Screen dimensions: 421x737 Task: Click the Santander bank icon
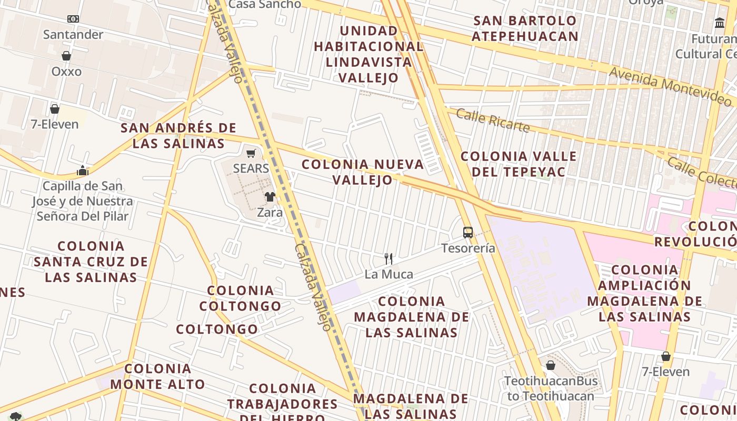(73, 19)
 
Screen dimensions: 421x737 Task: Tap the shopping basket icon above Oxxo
(66, 56)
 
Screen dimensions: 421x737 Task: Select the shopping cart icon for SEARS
(251, 153)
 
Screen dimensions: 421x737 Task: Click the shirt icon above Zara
(270, 197)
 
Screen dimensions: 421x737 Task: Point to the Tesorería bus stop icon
(467, 232)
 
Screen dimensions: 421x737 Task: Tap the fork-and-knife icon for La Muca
(389, 258)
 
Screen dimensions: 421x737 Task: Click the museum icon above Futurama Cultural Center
(720, 23)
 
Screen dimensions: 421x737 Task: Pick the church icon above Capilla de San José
(82, 171)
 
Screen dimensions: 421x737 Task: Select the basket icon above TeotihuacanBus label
(551, 365)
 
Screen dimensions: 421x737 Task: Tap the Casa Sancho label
(265, 4)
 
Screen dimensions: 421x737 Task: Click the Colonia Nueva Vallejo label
(363, 172)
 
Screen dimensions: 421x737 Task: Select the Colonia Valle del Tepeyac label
(519, 164)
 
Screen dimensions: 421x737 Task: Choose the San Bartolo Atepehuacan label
(525, 28)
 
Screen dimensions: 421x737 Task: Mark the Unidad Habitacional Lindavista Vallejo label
(368, 54)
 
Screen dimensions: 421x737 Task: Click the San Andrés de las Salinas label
(178, 135)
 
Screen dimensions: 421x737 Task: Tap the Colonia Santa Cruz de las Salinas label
(91, 262)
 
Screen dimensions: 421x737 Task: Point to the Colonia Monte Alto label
(157, 376)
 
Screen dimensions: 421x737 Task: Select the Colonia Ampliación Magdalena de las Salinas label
(644, 293)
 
